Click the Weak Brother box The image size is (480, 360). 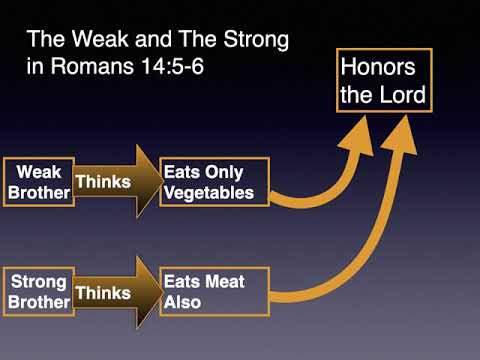point(39,181)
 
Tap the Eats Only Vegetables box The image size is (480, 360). point(214,181)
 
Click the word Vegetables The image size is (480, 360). point(212,192)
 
